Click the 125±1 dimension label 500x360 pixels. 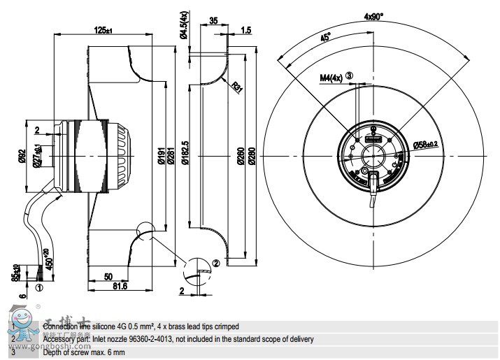tap(103, 30)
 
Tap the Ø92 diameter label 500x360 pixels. tap(22, 155)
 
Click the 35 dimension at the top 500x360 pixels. tap(213, 21)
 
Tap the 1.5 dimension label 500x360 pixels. tap(246, 30)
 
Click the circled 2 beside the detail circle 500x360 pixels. tap(215, 264)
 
